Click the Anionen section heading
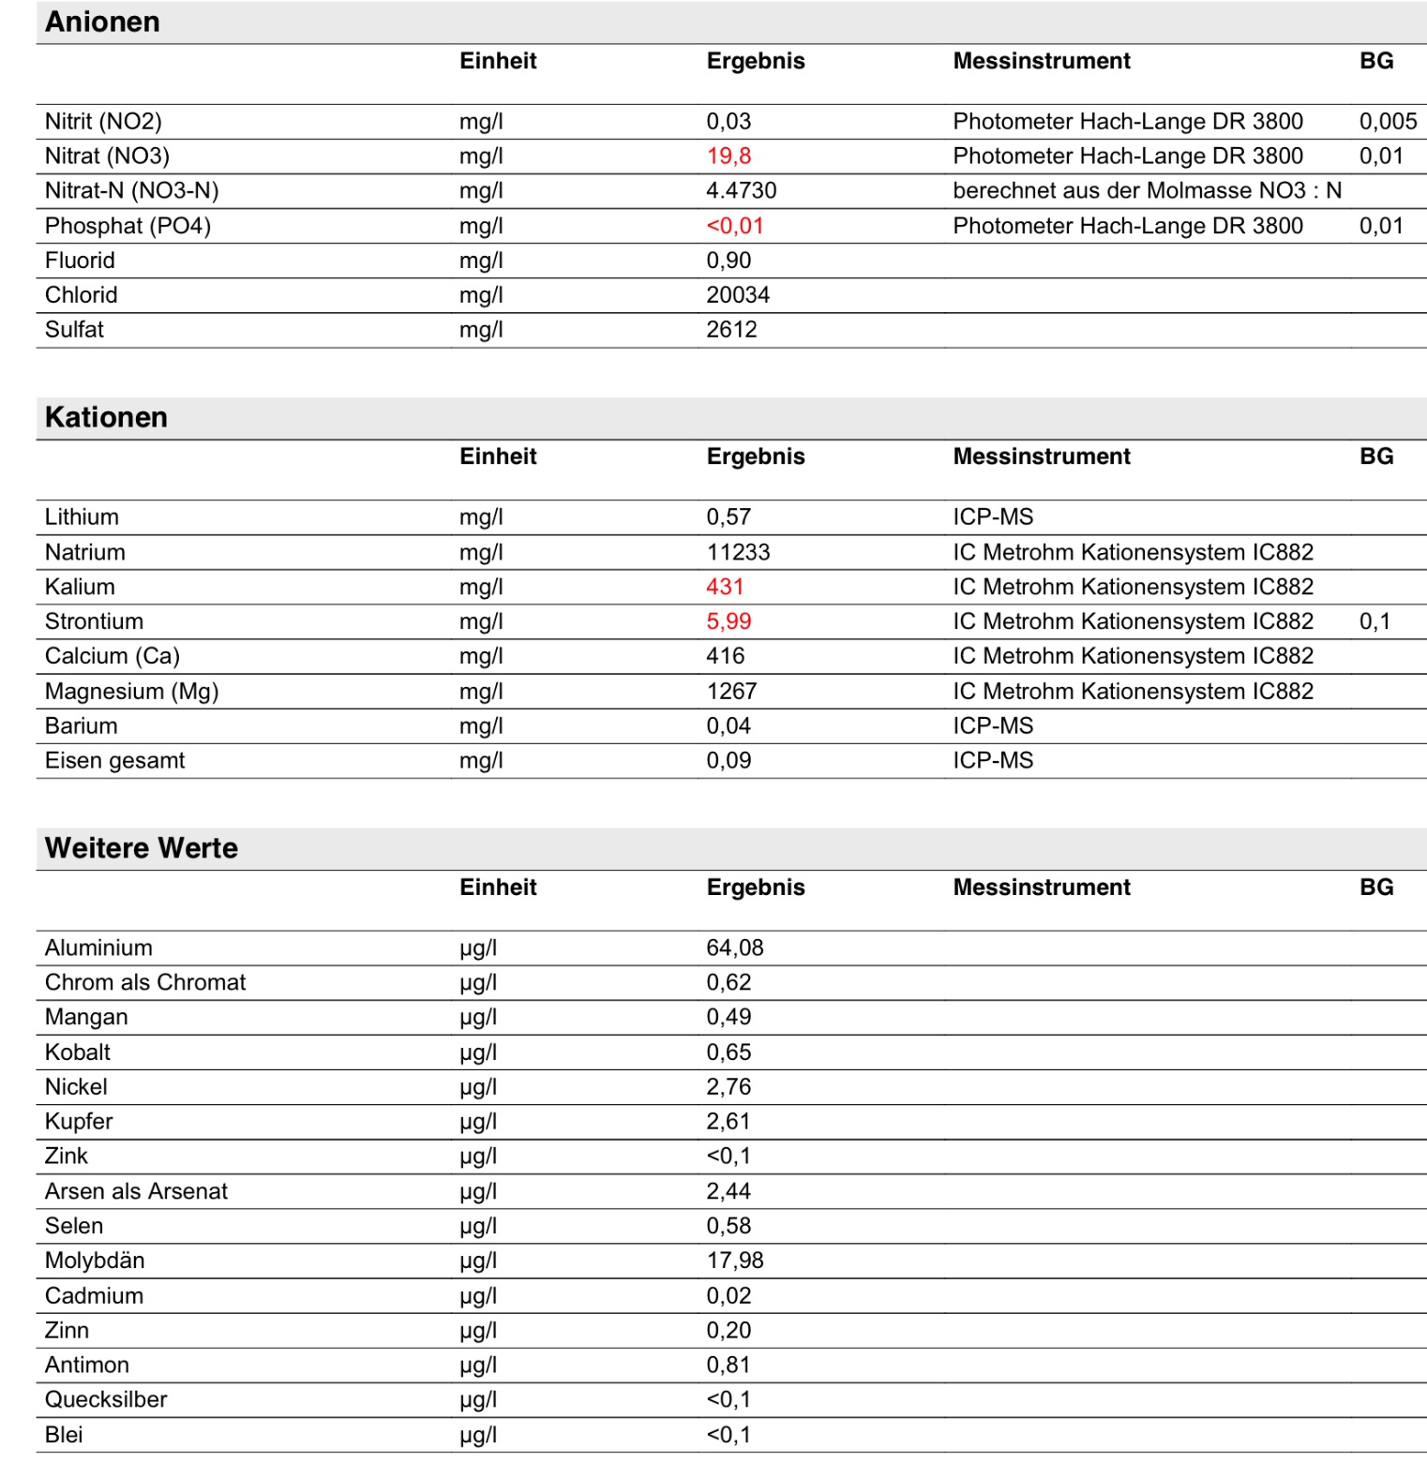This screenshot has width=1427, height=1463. tap(102, 22)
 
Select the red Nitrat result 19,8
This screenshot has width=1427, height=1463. tap(729, 156)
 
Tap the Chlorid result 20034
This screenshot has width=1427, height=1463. tap(738, 294)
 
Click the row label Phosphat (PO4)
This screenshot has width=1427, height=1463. tap(128, 226)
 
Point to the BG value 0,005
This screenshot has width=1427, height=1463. tap(1388, 121)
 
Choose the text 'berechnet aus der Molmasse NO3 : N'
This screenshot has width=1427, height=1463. tap(1147, 190)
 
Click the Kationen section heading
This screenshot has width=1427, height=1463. tap(106, 417)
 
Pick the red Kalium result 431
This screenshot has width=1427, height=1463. tap(725, 587)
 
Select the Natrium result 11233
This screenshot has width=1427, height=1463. tap(738, 552)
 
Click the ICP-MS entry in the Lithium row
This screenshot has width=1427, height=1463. tap(993, 516)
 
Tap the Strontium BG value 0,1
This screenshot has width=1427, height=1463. tap(1374, 621)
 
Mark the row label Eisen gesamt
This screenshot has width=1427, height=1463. tap(114, 760)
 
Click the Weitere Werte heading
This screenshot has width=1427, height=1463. tap(141, 848)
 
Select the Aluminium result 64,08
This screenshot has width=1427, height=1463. tap(734, 948)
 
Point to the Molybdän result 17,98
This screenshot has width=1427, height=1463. tap(734, 1261)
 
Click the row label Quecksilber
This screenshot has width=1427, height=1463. tap(106, 1399)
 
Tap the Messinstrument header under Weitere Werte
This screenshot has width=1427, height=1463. tap(1041, 888)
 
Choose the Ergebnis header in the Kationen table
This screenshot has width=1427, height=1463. tap(755, 456)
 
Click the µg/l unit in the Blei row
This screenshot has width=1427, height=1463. tap(478, 1435)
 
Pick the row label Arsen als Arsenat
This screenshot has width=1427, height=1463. tap(136, 1191)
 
